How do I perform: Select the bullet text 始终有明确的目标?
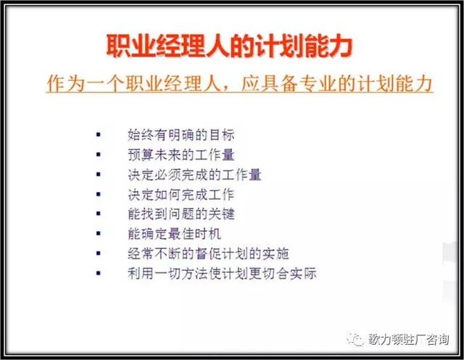click(x=180, y=135)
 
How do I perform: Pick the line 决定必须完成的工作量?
click(x=194, y=175)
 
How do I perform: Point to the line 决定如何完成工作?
click(x=180, y=195)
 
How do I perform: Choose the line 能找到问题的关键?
click(x=180, y=214)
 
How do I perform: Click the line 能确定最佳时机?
click(x=173, y=234)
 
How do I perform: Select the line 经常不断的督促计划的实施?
click(x=207, y=254)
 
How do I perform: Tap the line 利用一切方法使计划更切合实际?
click(x=220, y=274)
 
